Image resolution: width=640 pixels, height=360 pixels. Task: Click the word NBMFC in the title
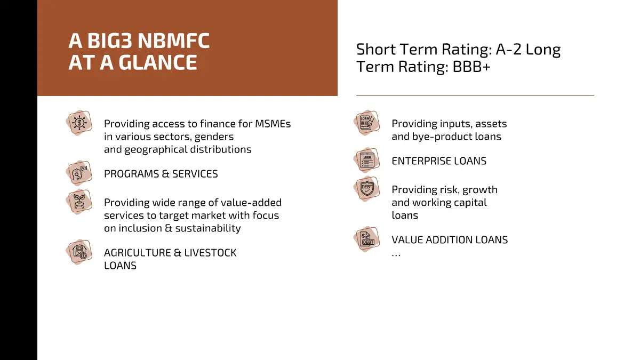174,41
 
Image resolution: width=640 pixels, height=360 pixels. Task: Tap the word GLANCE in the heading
158,62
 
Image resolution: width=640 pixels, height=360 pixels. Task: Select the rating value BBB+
471,67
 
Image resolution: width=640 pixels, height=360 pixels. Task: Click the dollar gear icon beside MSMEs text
79,123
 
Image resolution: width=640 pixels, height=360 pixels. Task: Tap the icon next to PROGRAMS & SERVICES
79,173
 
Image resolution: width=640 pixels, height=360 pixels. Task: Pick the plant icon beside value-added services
79,202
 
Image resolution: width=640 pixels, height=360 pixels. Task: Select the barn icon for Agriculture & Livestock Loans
79,252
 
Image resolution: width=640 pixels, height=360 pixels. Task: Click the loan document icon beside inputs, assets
366,123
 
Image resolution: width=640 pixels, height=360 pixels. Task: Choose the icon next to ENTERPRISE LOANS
366,161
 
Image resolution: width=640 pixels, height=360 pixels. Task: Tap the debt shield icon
366,189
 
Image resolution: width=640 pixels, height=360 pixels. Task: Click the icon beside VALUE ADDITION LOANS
366,239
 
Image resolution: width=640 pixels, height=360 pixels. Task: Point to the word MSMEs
273,124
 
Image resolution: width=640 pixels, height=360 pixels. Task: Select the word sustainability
208,229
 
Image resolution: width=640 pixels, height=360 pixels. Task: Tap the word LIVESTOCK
210,253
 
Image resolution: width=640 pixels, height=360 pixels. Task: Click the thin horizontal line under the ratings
475,95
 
